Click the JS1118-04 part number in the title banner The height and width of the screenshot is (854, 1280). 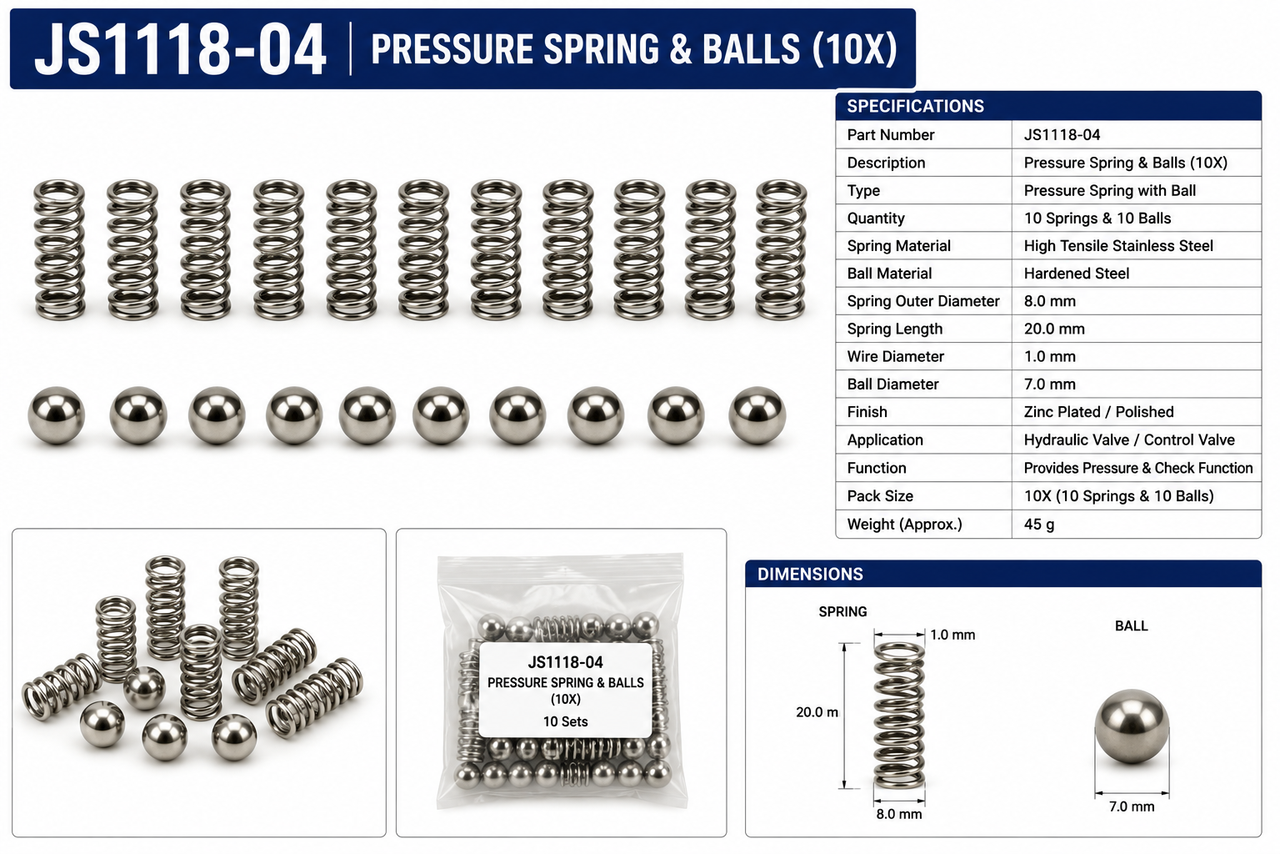[180, 49]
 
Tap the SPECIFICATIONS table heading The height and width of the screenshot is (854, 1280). [916, 106]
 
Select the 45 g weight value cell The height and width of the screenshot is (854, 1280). [1039, 524]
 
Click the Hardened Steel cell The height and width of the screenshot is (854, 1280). [1077, 274]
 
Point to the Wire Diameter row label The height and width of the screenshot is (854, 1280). [896, 356]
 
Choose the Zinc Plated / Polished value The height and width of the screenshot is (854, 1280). [1099, 412]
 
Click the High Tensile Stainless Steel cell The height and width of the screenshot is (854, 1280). [1118, 246]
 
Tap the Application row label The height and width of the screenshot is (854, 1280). [885, 440]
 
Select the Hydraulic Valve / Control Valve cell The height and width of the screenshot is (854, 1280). [1129, 440]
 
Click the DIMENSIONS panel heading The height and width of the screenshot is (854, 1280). [810, 574]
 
